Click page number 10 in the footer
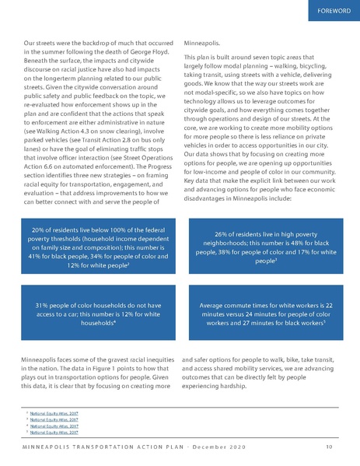330,447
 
